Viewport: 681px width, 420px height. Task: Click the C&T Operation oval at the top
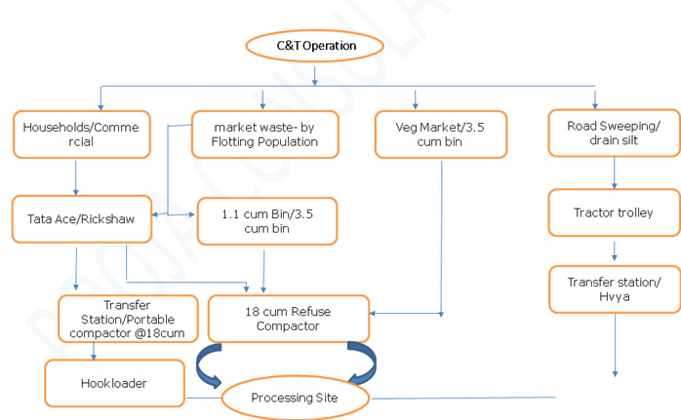(315, 45)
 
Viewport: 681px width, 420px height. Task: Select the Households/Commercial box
(82, 134)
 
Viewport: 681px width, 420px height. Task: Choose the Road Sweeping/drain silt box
(614, 133)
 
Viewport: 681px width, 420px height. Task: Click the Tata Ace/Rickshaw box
(81, 220)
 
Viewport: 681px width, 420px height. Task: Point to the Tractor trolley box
(614, 212)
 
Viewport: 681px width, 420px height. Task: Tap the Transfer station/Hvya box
(614, 289)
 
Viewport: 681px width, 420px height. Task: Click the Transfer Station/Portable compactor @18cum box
(118, 318)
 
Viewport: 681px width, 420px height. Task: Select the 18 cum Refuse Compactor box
(289, 319)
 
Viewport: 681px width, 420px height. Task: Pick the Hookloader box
(113, 383)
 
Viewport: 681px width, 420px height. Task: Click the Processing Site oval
(296, 398)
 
